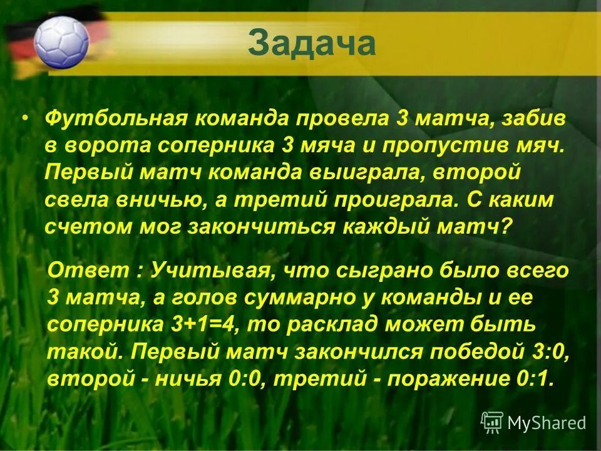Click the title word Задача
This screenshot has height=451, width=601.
pyautogui.click(x=311, y=44)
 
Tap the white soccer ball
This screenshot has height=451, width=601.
pyautogui.click(x=62, y=42)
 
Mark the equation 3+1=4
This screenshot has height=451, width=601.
pyautogui.click(x=204, y=325)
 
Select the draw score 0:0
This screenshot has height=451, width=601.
pyautogui.click(x=241, y=379)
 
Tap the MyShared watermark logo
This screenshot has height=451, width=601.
pyautogui.click(x=533, y=423)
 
